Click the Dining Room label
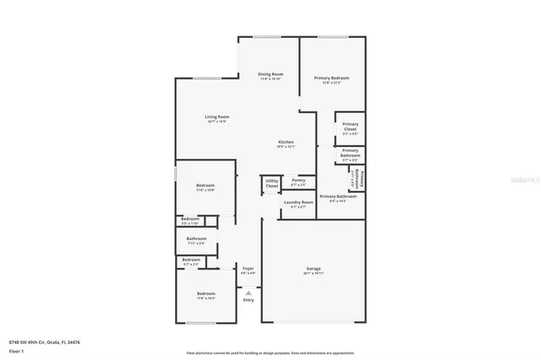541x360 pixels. coord(270,74)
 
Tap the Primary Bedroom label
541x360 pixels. coord(331,79)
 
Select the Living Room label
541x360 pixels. coord(217,117)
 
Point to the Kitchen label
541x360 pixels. coord(286,141)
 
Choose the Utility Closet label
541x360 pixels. coord(271,183)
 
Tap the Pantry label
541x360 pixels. coord(298,180)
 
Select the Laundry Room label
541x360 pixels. coord(298,202)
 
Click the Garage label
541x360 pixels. coord(313,271)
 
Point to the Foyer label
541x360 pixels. coord(248,270)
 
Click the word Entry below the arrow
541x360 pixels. coord(248,300)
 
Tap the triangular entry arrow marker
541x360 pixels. coord(248,292)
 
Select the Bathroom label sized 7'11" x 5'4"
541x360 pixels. coord(197,239)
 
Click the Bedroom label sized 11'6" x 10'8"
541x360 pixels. coord(205,186)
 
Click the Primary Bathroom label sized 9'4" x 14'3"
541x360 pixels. coord(338,197)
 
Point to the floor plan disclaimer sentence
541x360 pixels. coord(270,353)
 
